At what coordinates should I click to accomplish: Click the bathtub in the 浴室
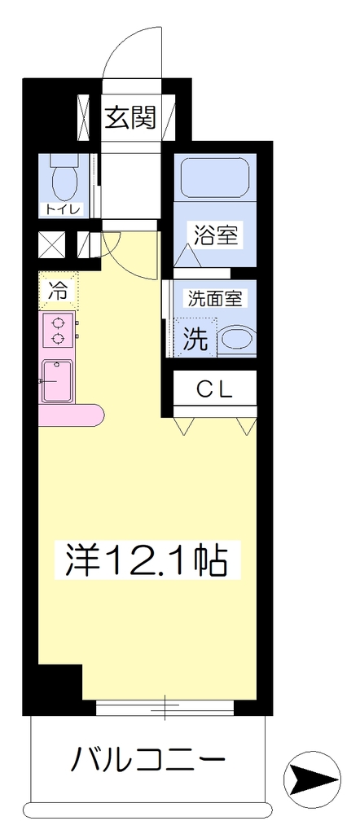pyautogui.click(x=214, y=177)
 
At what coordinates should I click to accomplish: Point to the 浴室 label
pyautogui.click(x=215, y=235)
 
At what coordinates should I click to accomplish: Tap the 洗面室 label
pyautogui.click(x=215, y=298)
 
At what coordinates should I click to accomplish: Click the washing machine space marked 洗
pyautogui.click(x=195, y=337)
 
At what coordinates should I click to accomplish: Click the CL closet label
pyautogui.click(x=215, y=390)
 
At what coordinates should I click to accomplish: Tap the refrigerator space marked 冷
pyautogui.click(x=59, y=291)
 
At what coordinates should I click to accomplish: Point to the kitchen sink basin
pyautogui.click(x=57, y=381)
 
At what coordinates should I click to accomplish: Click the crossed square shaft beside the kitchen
pyautogui.click(x=52, y=244)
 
